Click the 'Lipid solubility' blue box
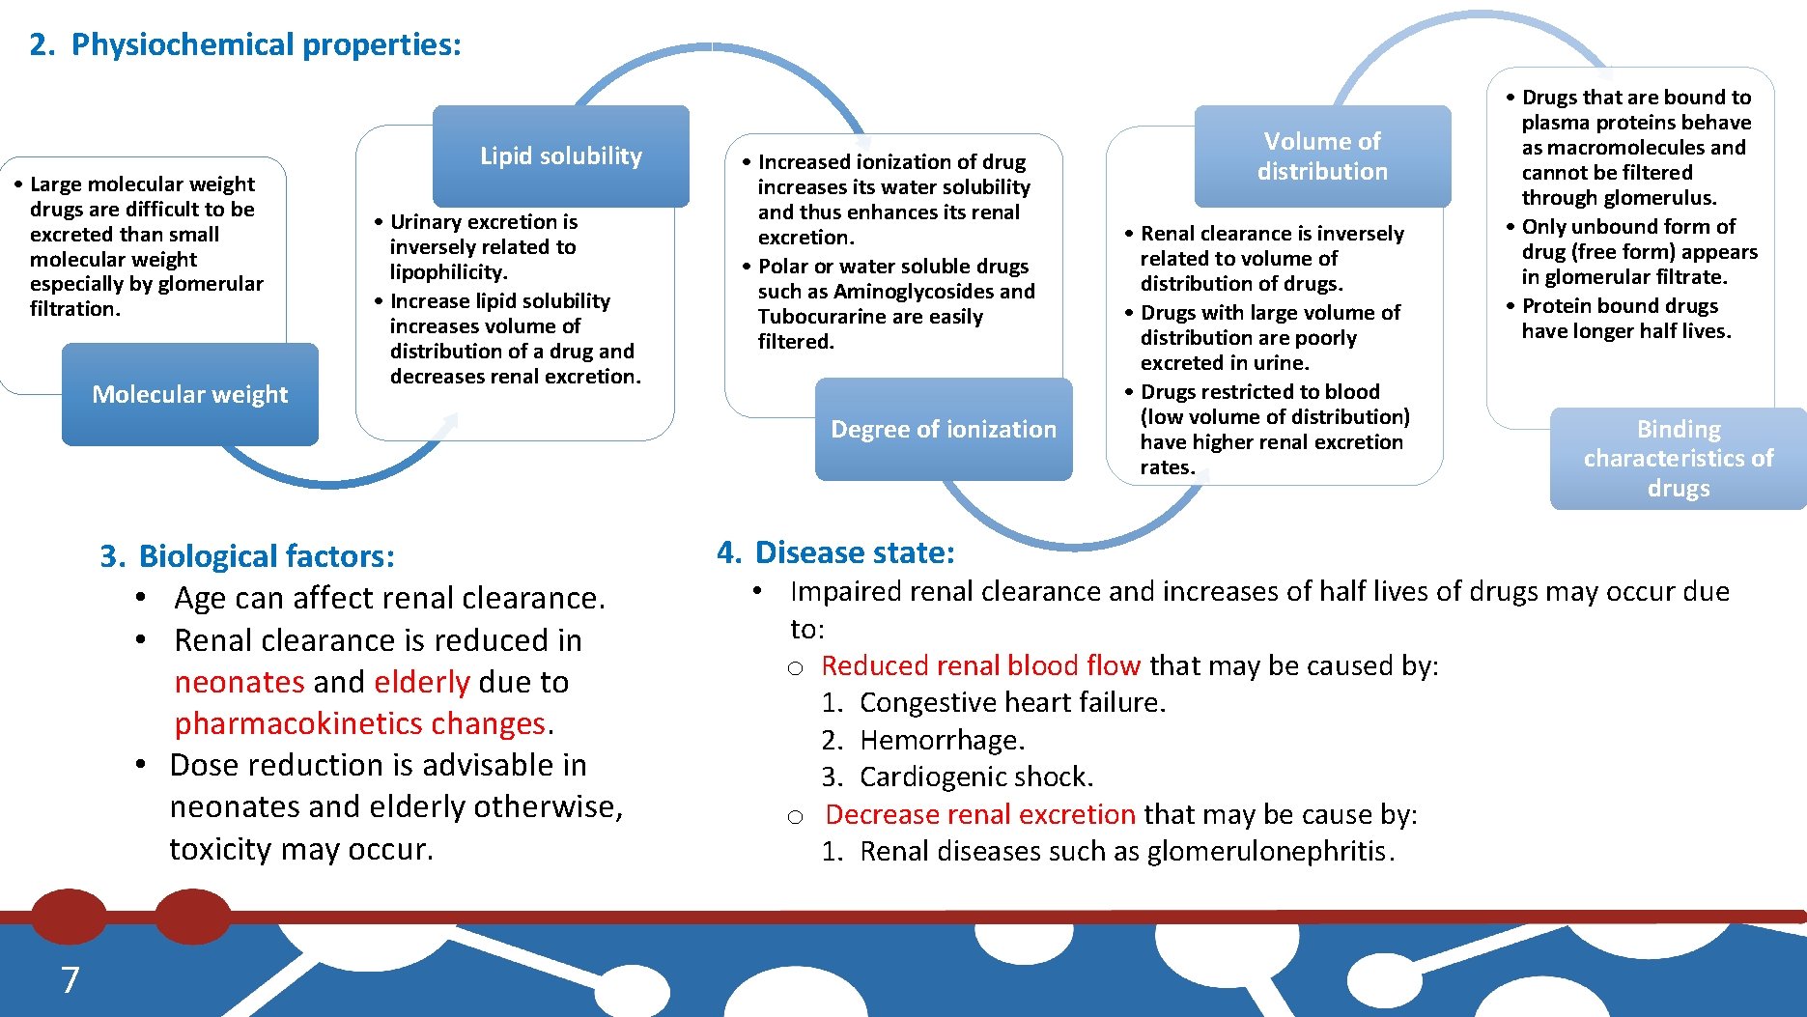[560, 156]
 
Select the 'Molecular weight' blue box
[189, 394]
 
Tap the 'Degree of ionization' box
[943, 429]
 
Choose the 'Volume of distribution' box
[1321, 156]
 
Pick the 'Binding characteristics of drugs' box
[1678, 458]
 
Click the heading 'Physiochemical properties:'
[266, 44]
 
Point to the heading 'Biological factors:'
[266, 556]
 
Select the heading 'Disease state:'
[854, 552]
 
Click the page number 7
[70, 980]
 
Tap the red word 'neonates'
[240, 682]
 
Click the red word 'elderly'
[421, 682]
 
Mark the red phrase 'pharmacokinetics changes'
[360, 723]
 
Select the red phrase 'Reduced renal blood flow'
[980, 665]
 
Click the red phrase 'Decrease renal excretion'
[979, 814]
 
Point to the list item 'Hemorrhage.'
[942, 740]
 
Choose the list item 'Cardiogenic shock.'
[975, 777]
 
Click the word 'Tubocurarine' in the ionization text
[821, 317]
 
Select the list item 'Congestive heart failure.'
[1012, 702]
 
